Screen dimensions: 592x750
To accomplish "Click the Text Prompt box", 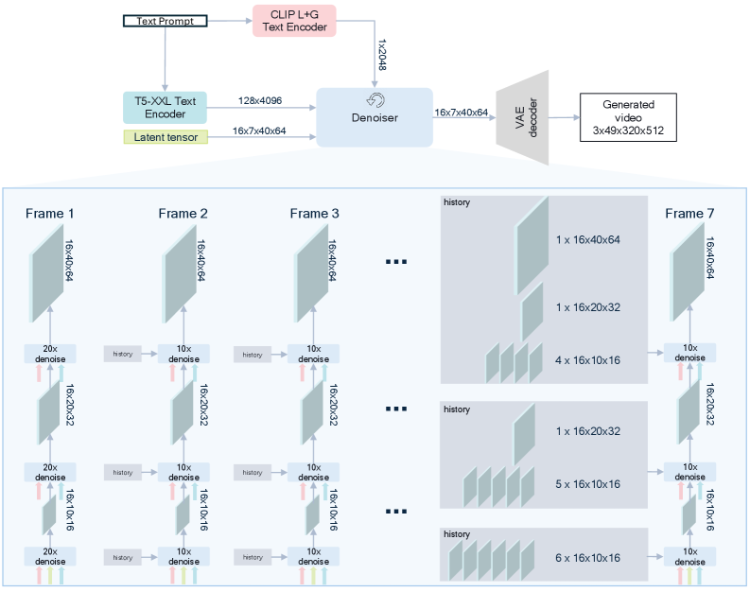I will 166,21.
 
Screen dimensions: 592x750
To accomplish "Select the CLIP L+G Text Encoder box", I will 294,21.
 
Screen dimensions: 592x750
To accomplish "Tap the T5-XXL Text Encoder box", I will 165,107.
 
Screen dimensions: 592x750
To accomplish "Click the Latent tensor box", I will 165,137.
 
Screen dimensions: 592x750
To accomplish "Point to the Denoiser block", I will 375,116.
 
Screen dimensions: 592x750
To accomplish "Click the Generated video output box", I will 629,117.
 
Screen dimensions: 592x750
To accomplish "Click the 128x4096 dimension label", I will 260,100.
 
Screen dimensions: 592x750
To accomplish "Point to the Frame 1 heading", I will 50,213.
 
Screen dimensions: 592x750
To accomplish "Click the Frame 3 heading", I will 314,213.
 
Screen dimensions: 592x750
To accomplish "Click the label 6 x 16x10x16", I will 588,558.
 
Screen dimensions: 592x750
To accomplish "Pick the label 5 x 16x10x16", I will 588,483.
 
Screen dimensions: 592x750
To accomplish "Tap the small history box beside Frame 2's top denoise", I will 122,355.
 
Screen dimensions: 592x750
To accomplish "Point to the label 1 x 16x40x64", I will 588,239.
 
